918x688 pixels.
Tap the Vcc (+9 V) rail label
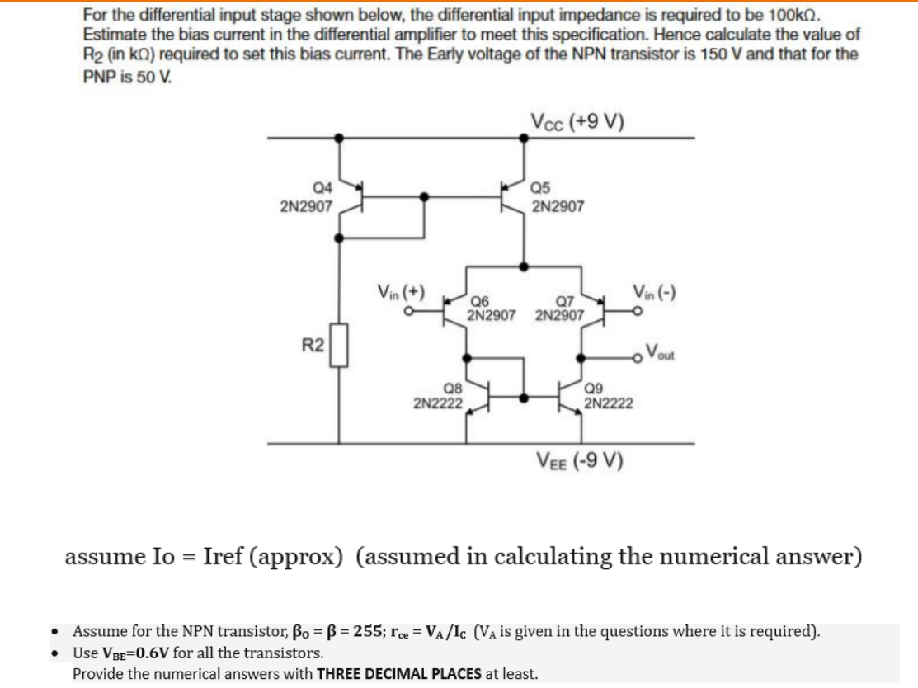(x=577, y=122)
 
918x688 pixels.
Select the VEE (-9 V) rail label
(x=580, y=459)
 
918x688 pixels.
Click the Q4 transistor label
(x=318, y=188)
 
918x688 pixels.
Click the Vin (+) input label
(x=401, y=292)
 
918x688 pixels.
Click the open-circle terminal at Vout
(x=638, y=358)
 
